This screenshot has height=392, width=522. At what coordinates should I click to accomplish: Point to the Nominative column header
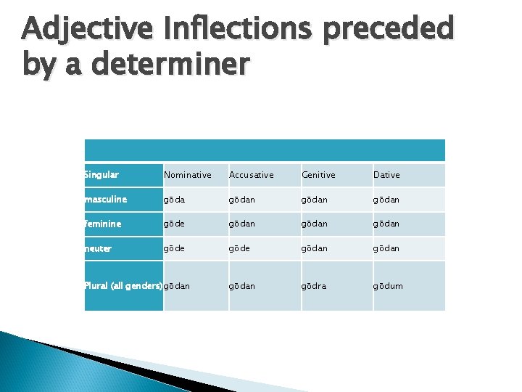click(187, 175)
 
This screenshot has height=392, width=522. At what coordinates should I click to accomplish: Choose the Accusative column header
click(251, 175)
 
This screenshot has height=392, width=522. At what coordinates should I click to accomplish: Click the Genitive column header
click(318, 175)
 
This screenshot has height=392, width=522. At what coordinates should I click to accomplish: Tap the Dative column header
click(386, 175)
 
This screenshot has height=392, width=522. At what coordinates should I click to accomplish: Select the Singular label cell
click(101, 175)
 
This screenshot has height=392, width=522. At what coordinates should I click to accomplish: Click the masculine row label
click(106, 200)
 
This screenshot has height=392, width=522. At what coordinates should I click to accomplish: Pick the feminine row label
click(103, 224)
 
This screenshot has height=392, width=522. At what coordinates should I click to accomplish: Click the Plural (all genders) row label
click(123, 286)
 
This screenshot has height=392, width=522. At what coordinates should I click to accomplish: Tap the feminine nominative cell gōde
click(175, 224)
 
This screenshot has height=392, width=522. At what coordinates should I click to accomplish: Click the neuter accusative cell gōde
click(239, 248)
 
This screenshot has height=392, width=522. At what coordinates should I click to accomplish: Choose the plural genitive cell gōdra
click(313, 286)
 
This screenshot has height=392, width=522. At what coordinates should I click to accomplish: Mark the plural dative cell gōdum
click(387, 286)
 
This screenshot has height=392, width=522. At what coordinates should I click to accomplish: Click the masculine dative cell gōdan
click(386, 200)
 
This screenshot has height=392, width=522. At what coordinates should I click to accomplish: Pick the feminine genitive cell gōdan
click(314, 224)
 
